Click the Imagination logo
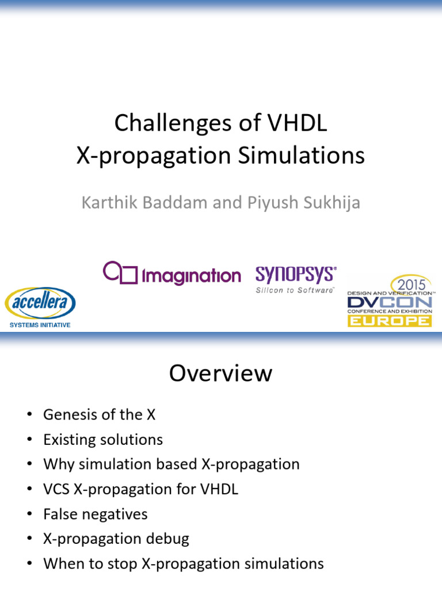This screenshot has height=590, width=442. click(x=172, y=274)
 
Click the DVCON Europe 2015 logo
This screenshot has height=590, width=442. click(x=389, y=301)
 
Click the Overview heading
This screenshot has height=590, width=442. click(x=220, y=373)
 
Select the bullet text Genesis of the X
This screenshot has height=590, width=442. click(x=99, y=414)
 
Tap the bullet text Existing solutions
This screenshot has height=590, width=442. click(x=103, y=440)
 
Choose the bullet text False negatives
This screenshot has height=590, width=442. click(x=95, y=514)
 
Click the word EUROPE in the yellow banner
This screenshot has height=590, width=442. click(x=389, y=320)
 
